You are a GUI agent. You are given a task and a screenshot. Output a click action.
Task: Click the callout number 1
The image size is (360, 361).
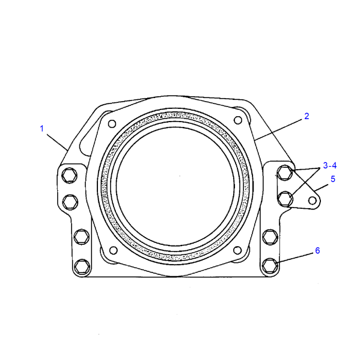point(42,128)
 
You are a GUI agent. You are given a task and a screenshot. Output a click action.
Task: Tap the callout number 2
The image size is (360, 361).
point(307,116)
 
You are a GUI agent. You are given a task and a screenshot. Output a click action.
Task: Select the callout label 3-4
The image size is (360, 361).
point(329,165)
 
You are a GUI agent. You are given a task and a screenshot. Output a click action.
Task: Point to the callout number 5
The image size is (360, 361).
point(332,179)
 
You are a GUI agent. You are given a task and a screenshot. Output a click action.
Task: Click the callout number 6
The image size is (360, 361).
point(317,250)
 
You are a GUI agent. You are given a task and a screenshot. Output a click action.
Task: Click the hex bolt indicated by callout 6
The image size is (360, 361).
point(270,264)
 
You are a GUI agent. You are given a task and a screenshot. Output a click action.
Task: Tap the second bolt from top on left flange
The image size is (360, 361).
point(70,200)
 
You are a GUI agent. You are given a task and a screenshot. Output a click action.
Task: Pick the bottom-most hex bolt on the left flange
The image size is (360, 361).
point(81,264)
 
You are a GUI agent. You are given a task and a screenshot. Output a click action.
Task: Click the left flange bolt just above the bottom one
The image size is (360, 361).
point(81,236)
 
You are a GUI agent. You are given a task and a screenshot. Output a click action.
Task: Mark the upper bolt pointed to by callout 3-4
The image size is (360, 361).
point(285,174)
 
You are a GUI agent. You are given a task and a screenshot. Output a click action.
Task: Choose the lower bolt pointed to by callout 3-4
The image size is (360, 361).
point(287,197)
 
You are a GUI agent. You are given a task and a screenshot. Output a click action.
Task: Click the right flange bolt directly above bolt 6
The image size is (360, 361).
point(269,236)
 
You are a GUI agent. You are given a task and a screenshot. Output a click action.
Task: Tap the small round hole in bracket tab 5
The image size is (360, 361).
point(312,200)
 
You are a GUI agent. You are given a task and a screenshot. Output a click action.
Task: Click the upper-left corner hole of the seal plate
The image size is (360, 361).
point(112,124)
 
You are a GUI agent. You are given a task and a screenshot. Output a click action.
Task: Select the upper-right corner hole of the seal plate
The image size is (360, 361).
point(238,120)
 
